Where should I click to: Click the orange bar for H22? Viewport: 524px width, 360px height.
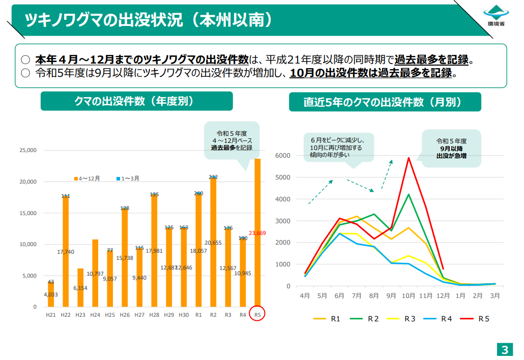tap(66, 251)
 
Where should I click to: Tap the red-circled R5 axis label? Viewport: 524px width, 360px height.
tap(257, 315)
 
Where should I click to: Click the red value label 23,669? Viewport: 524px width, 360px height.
tap(257, 233)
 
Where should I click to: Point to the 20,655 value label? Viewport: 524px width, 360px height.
tap(213, 243)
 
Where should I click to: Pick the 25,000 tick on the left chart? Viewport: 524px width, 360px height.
tap(28, 151)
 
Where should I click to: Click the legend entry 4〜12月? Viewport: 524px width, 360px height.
tap(87, 178)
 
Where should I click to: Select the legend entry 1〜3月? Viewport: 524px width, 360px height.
tap(128, 178)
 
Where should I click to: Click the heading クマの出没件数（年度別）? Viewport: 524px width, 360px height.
tap(136, 101)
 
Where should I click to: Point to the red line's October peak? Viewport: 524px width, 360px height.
tap(408, 158)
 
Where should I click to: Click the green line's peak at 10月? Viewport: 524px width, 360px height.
tap(408, 194)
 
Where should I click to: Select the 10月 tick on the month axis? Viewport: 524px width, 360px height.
tap(408, 295)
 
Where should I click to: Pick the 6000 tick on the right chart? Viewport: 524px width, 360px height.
tap(282, 156)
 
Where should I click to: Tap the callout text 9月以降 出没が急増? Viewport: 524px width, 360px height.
tap(451, 153)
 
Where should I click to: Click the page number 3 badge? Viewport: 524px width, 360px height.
tap(505, 349)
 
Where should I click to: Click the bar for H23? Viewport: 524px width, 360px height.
tap(80, 287)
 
